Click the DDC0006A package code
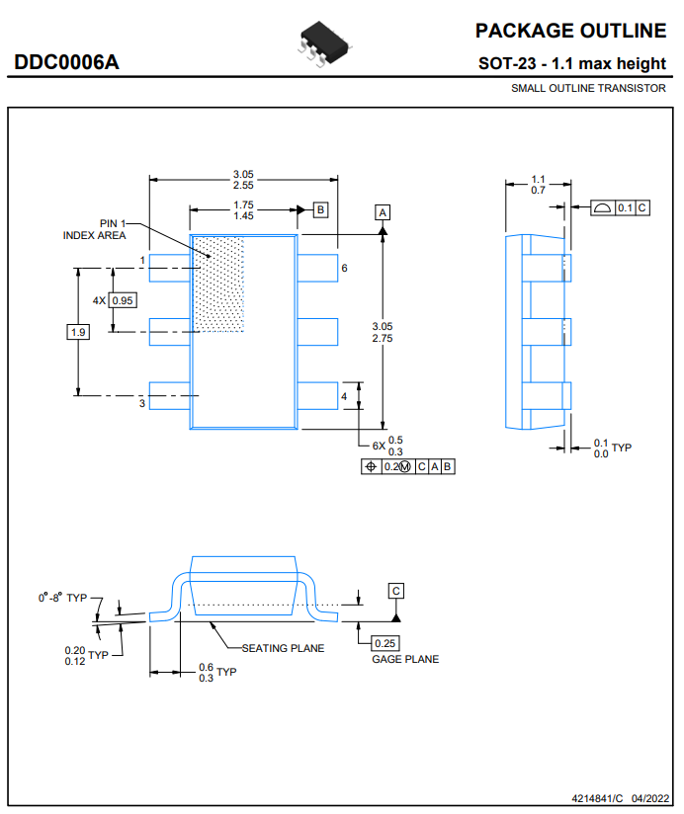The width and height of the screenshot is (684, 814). point(66,62)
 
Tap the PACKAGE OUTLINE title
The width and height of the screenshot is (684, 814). point(570,31)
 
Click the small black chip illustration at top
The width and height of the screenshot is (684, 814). point(324,43)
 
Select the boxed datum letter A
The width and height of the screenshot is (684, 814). point(383,212)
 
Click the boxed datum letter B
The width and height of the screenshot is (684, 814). point(320,209)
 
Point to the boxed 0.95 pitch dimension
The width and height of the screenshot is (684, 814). point(123,300)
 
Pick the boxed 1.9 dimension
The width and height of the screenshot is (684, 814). point(78,332)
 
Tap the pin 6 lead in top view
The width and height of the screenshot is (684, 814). point(317,268)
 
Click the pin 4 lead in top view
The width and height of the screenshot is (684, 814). point(317,395)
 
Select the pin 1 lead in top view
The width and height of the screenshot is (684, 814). point(170,268)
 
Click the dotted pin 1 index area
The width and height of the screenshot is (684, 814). point(218,284)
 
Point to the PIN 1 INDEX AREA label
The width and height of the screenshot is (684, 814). point(95,229)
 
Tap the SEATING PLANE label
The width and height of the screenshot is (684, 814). point(283,648)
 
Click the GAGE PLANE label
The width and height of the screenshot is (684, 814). point(405,659)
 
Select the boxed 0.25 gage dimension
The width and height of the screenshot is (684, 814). point(385,643)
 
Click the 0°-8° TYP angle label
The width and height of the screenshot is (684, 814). point(62,598)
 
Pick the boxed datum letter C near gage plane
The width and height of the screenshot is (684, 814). point(395,591)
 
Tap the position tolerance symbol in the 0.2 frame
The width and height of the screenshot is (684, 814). point(371,466)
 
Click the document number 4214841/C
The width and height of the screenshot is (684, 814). point(597,798)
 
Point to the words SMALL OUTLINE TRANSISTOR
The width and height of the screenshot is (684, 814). point(588,88)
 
